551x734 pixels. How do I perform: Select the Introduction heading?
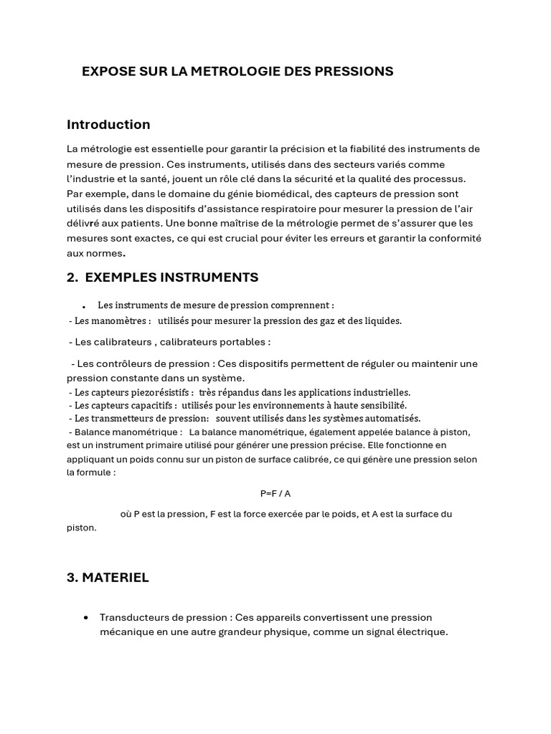(108, 124)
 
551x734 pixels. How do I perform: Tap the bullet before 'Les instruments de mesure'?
(84, 306)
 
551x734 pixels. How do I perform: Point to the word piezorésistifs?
(162, 392)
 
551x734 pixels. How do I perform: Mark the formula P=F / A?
(275, 493)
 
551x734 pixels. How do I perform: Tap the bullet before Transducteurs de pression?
(86, 617)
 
